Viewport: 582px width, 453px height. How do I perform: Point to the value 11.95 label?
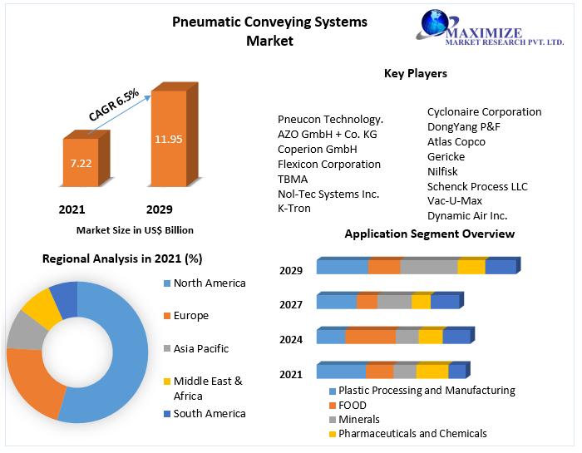pos(168,139)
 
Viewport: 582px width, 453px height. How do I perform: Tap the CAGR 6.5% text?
pos(115,105)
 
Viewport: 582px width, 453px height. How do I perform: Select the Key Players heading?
pos(415,73)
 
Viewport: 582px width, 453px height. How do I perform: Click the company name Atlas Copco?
pos(456,141)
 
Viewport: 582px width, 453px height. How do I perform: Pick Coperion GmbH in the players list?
pos(317,149)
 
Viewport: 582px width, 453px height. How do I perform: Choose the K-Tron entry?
pos(293,208)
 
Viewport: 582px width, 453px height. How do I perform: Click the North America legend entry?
pos(210,283)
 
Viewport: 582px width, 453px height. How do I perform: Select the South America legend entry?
pos(210,413)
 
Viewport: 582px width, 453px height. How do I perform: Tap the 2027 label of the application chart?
pos(291,304)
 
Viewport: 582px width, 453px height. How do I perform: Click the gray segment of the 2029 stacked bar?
pos(429,267)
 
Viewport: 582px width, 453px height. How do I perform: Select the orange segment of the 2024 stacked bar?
pos(370,336)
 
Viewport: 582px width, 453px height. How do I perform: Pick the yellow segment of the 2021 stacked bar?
pos(432,372)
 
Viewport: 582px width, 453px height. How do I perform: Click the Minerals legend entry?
pos(358,419)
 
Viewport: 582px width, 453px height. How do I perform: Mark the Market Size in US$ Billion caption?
pos(135,230)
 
